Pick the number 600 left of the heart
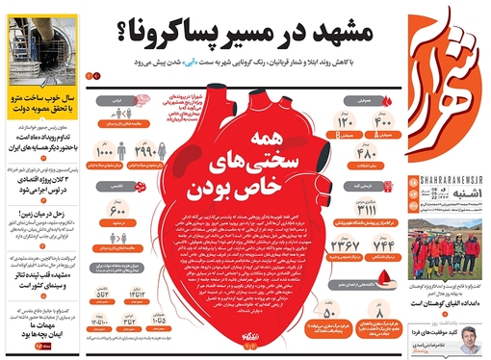[x=118, y=213]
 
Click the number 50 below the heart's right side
[x=328, y=313]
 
